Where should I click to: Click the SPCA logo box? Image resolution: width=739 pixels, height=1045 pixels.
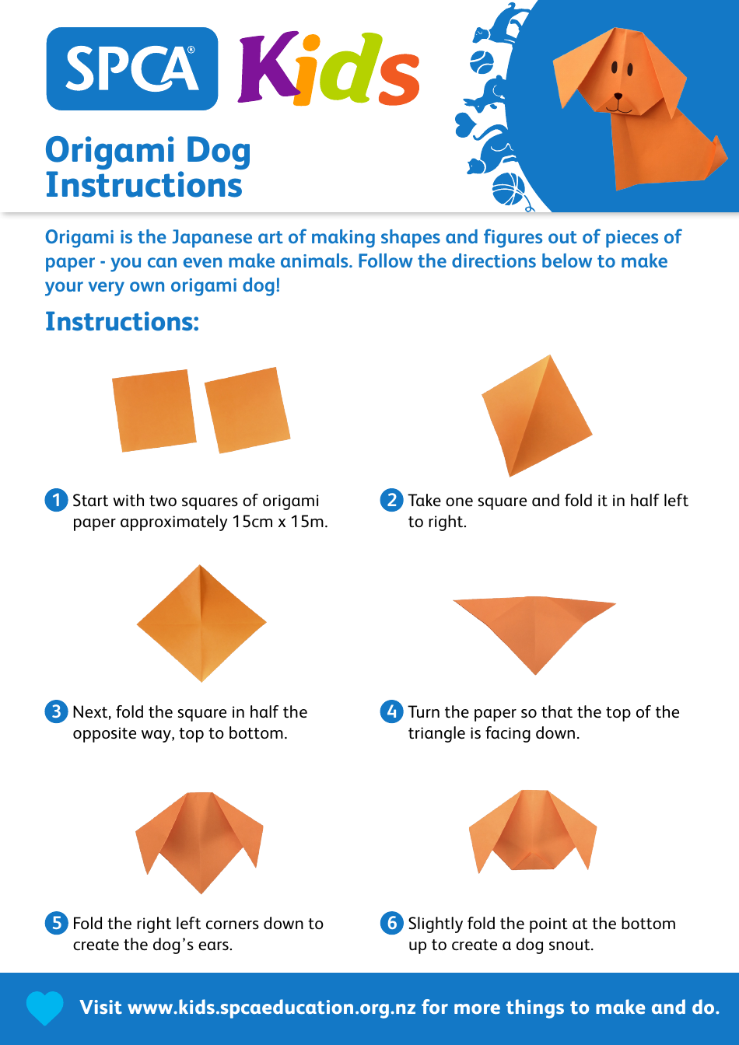[132, 68]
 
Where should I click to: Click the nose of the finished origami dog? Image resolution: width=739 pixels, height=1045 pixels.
[618, 97]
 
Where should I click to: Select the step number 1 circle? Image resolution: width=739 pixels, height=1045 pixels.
[56, 500]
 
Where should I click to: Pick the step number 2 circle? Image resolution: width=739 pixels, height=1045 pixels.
[391, 500]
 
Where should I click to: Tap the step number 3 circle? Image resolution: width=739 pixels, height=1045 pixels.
[56, 711]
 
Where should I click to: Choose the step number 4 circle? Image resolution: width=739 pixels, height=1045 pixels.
[391, 711]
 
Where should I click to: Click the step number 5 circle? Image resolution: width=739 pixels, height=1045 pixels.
[56, 923]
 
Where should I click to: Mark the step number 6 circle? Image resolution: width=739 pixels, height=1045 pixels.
[391, 923]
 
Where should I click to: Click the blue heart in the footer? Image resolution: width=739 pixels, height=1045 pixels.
[44, 1008]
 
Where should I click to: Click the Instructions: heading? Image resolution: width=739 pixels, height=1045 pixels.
[122, 321]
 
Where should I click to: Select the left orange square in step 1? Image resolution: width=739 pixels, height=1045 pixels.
[154, 410]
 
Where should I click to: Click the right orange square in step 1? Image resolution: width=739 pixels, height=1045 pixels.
[247, 410]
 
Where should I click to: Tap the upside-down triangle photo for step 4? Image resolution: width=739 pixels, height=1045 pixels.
[534, 628]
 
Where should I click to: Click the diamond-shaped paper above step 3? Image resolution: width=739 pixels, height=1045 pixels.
[201, 624]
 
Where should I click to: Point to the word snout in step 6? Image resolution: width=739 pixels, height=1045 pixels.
[570, 945]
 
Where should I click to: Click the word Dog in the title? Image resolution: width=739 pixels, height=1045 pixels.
[217, 151]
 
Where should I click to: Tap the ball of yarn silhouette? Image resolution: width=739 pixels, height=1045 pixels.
[508, 189]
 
